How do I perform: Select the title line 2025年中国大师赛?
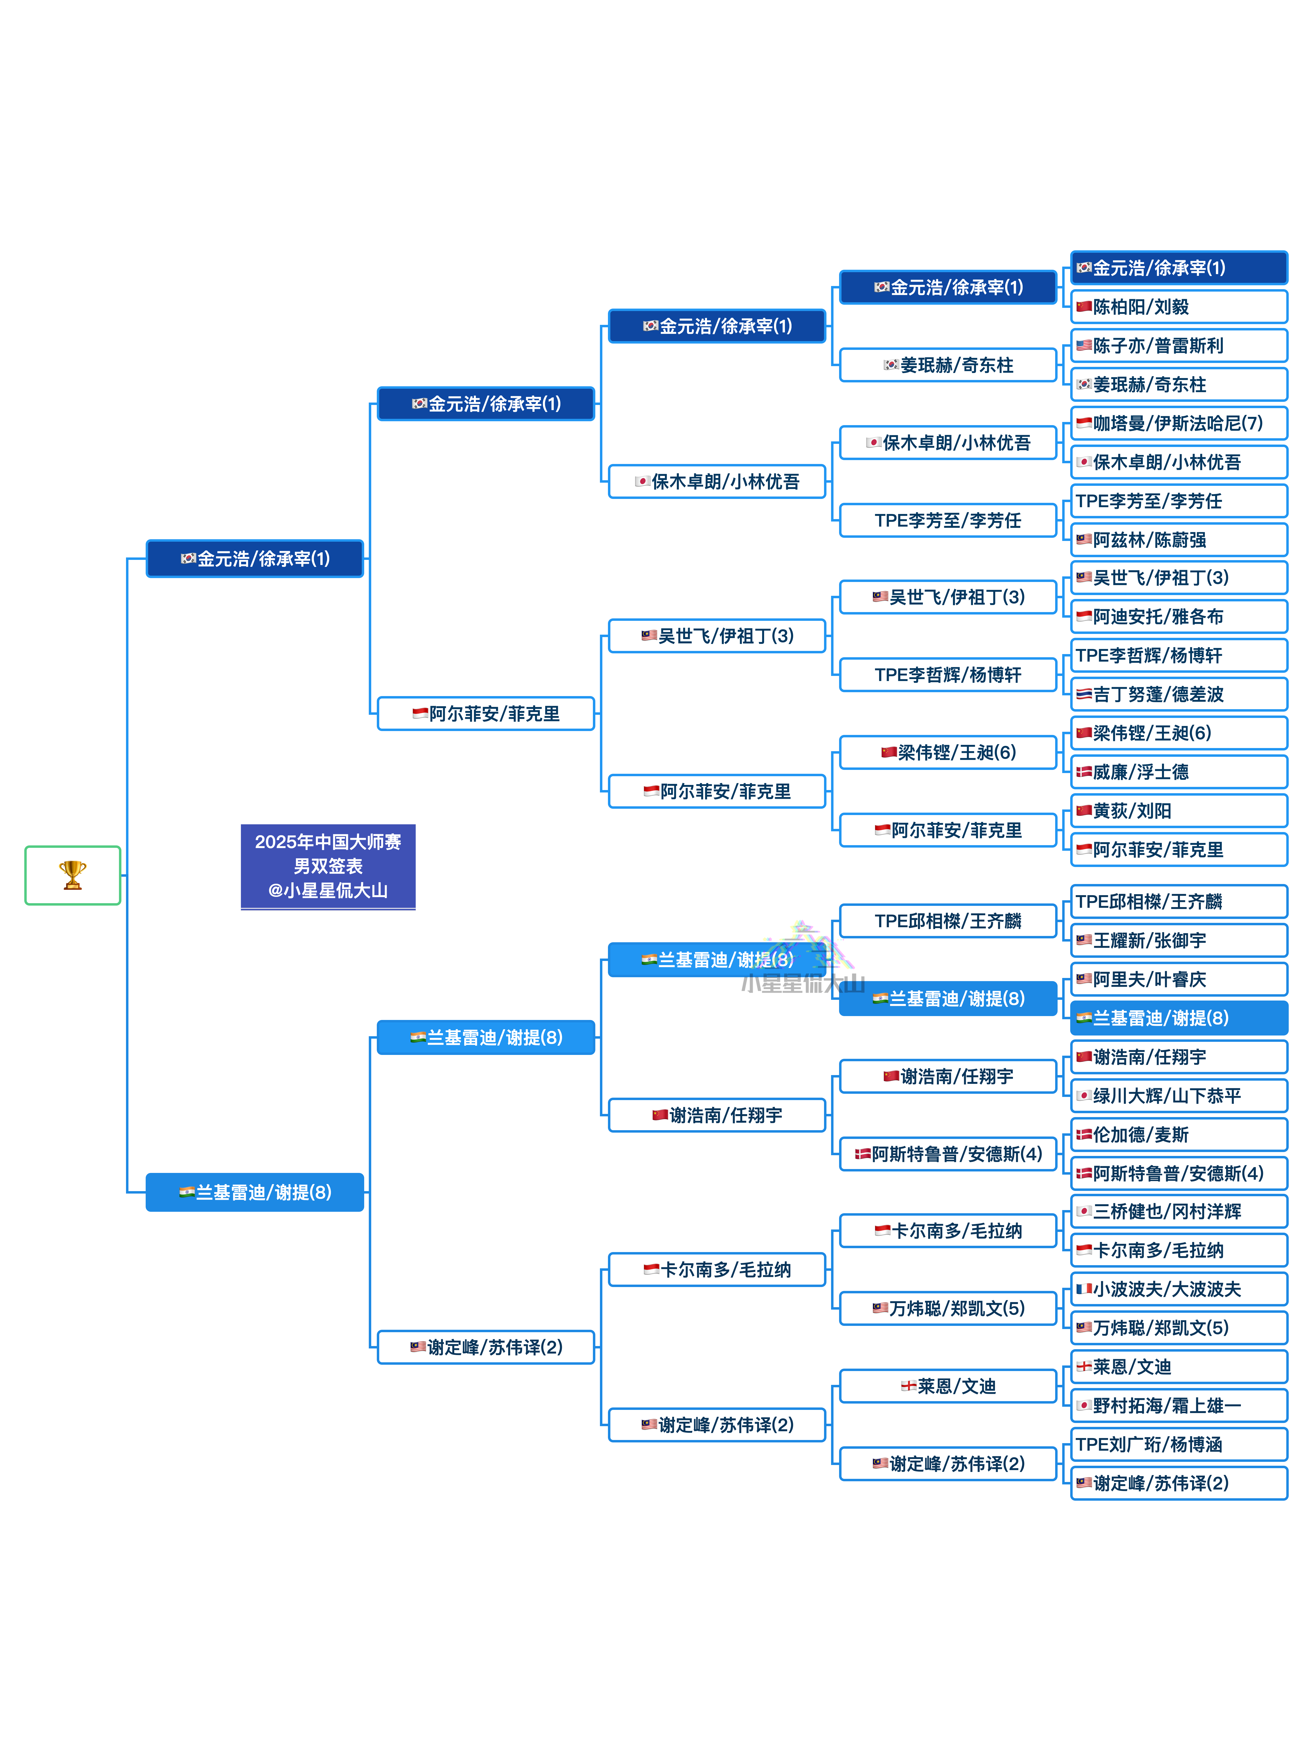coord(328,842)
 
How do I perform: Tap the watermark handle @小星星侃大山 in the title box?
coord(328,891)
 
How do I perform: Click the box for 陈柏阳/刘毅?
coord(1178,306)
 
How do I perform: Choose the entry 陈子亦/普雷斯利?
coord(1178,345)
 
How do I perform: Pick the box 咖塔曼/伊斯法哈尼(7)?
coord(1178,423)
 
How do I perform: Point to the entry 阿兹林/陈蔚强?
coord(1178,540)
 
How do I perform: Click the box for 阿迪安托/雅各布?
coord(1178,617)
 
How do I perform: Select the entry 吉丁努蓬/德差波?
coord(1178,694)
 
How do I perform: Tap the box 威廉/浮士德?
coord(1178,772)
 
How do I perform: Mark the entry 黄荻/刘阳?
coord(1178,811)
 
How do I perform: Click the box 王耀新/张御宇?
coord(1178,940)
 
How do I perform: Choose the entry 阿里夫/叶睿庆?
coord(1178,979)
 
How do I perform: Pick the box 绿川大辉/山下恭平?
coord(1178,1095)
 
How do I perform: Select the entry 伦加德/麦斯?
coord(1178,1134)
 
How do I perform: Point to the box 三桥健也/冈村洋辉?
coord(1178,1211)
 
